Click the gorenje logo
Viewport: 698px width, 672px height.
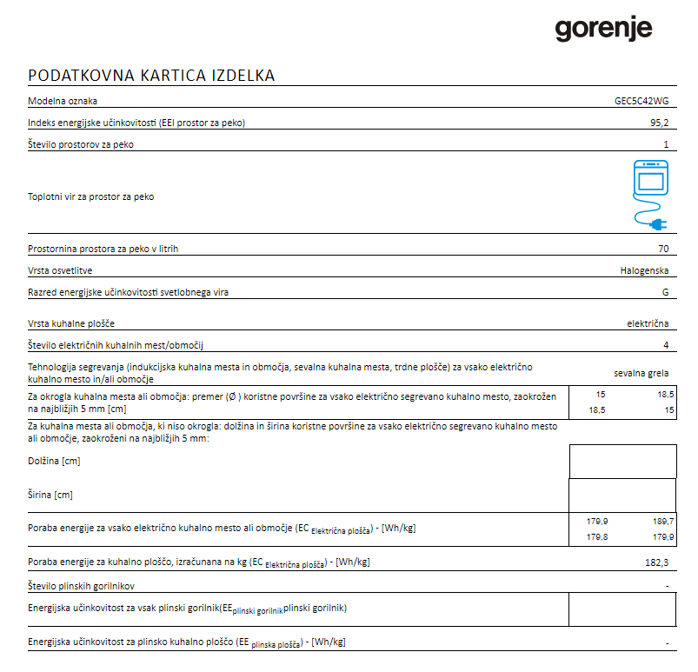pyautogui.click(x=603, y=30)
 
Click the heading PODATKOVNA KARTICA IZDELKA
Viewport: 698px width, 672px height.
pyautogui.click(x=152, y=76)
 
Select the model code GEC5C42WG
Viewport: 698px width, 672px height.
pyautogui.click(x=641, y=101)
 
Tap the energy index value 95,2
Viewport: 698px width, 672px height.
pyautogui.click(x=659, y=123)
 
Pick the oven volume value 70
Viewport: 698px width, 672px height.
pyautogui.click(x=663, y=249)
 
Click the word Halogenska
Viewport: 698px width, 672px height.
pyautogui.click(x=644, y=270)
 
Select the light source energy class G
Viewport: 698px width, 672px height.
pyautogui.click(x=666, y=292)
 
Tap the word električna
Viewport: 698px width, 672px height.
pyautogui.click(x=648, y=323)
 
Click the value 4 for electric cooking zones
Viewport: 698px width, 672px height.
pyautogui.click(x=666, y=345)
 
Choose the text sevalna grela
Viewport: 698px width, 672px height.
pyautogui.click(x=641, y=373)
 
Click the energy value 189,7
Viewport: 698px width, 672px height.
pyautogui.click(x=662, y=521)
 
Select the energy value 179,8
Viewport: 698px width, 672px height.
pyautogui.click(x=597, y=537)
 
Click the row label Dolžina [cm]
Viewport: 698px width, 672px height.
pyautogui.click(x=54, y=462)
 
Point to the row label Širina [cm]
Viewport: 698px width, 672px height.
pyautogui.click(x=50, y=495)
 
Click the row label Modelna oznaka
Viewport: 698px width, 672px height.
pyautogui.click(x=63, y=101)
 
